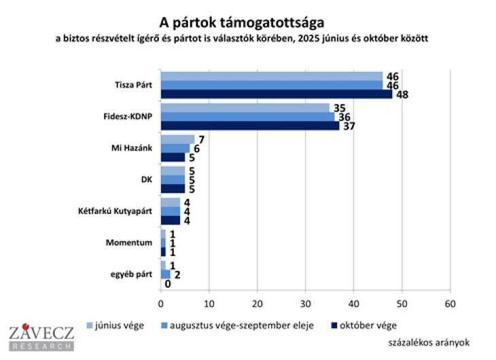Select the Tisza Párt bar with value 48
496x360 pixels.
point(276,94)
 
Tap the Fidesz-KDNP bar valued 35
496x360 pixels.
point(245,107)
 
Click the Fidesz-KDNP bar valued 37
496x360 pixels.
point(249,125)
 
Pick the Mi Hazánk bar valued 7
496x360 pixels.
point(177,139)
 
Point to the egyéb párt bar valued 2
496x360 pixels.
point(165,274)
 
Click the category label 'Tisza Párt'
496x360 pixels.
point(134,85)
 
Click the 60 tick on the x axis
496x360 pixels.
point(449,303)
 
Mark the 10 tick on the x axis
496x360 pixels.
point(209,303)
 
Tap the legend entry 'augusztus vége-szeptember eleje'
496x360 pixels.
point(242,324)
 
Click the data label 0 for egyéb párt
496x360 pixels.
point(167,284)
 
